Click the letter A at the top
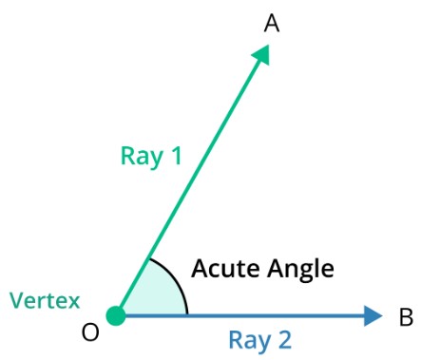[271, 24]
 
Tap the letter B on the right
[405, 317]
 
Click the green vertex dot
[116, 315]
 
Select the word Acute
[224, 269]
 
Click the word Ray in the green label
[139, 156]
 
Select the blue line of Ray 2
[247, 315]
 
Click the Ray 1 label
[151, 156]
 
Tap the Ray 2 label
[259, 340]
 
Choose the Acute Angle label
[262, 270]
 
